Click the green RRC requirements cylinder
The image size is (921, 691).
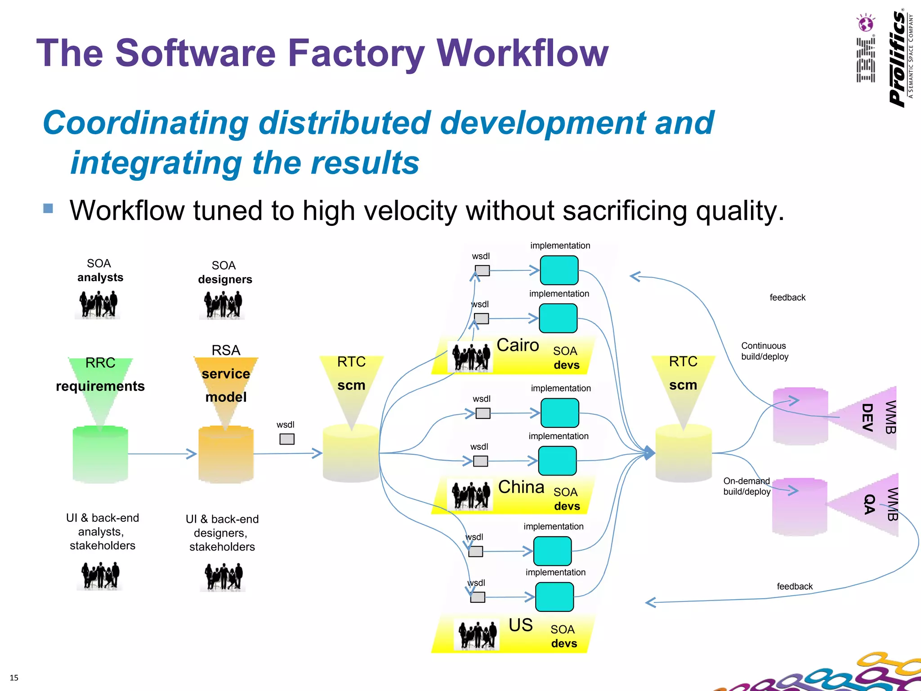pyautogui.click(x=100, y=454)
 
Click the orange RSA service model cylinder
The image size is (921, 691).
pyautogui.click(x=226, y=454)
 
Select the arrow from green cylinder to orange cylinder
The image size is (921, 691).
pyautogui.click(x=162, y=454)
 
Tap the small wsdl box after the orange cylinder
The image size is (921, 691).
pyautogui.click(x=287, y=439)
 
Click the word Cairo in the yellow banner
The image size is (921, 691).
pyautogui.click(x=518, y=345)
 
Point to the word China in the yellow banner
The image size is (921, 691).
pyautogui.click(x=521, y=487)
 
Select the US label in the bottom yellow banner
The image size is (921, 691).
pyautogui.click(x=520, y=625)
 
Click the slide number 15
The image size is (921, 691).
pyautogui.click(x=14, y=678)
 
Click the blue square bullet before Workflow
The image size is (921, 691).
pyautogui.click(x=48, y=208)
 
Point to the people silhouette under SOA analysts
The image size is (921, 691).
pyautogui.click(x=98, y=305)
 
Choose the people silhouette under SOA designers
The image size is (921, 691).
pyautogui.click(x=223, y=305)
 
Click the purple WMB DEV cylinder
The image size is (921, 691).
pyautogui.click(x=800, y=416)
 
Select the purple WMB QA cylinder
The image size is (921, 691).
pyautogui.click(x=800, y=507)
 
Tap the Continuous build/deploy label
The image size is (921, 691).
pyautogui.click(x=765, y=351)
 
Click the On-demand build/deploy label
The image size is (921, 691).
pyautogui.click(x=747, y=486)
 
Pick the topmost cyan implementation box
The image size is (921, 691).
pyautogui.click(x=559, y=270)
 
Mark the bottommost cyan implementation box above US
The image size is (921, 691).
pyautogui.click(x=554, y=597)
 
